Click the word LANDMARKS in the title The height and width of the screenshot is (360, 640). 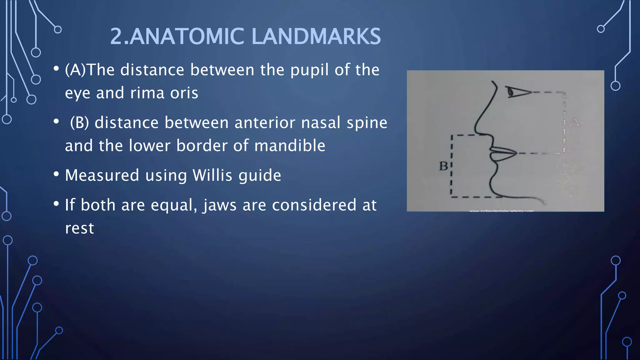tap(316, 37)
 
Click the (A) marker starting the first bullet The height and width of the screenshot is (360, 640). tap(75, 70)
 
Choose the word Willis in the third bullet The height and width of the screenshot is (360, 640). tap(212, 175)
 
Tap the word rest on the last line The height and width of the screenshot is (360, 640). tap(79, 228)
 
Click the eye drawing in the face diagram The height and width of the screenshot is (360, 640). tap(517, 92)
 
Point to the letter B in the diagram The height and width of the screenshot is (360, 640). tap(443, 166)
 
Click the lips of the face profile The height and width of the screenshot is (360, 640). tap(503, 154)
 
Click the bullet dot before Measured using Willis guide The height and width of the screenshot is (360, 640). tap(56, 174)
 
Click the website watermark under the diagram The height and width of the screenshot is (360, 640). tap(501, 211)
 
